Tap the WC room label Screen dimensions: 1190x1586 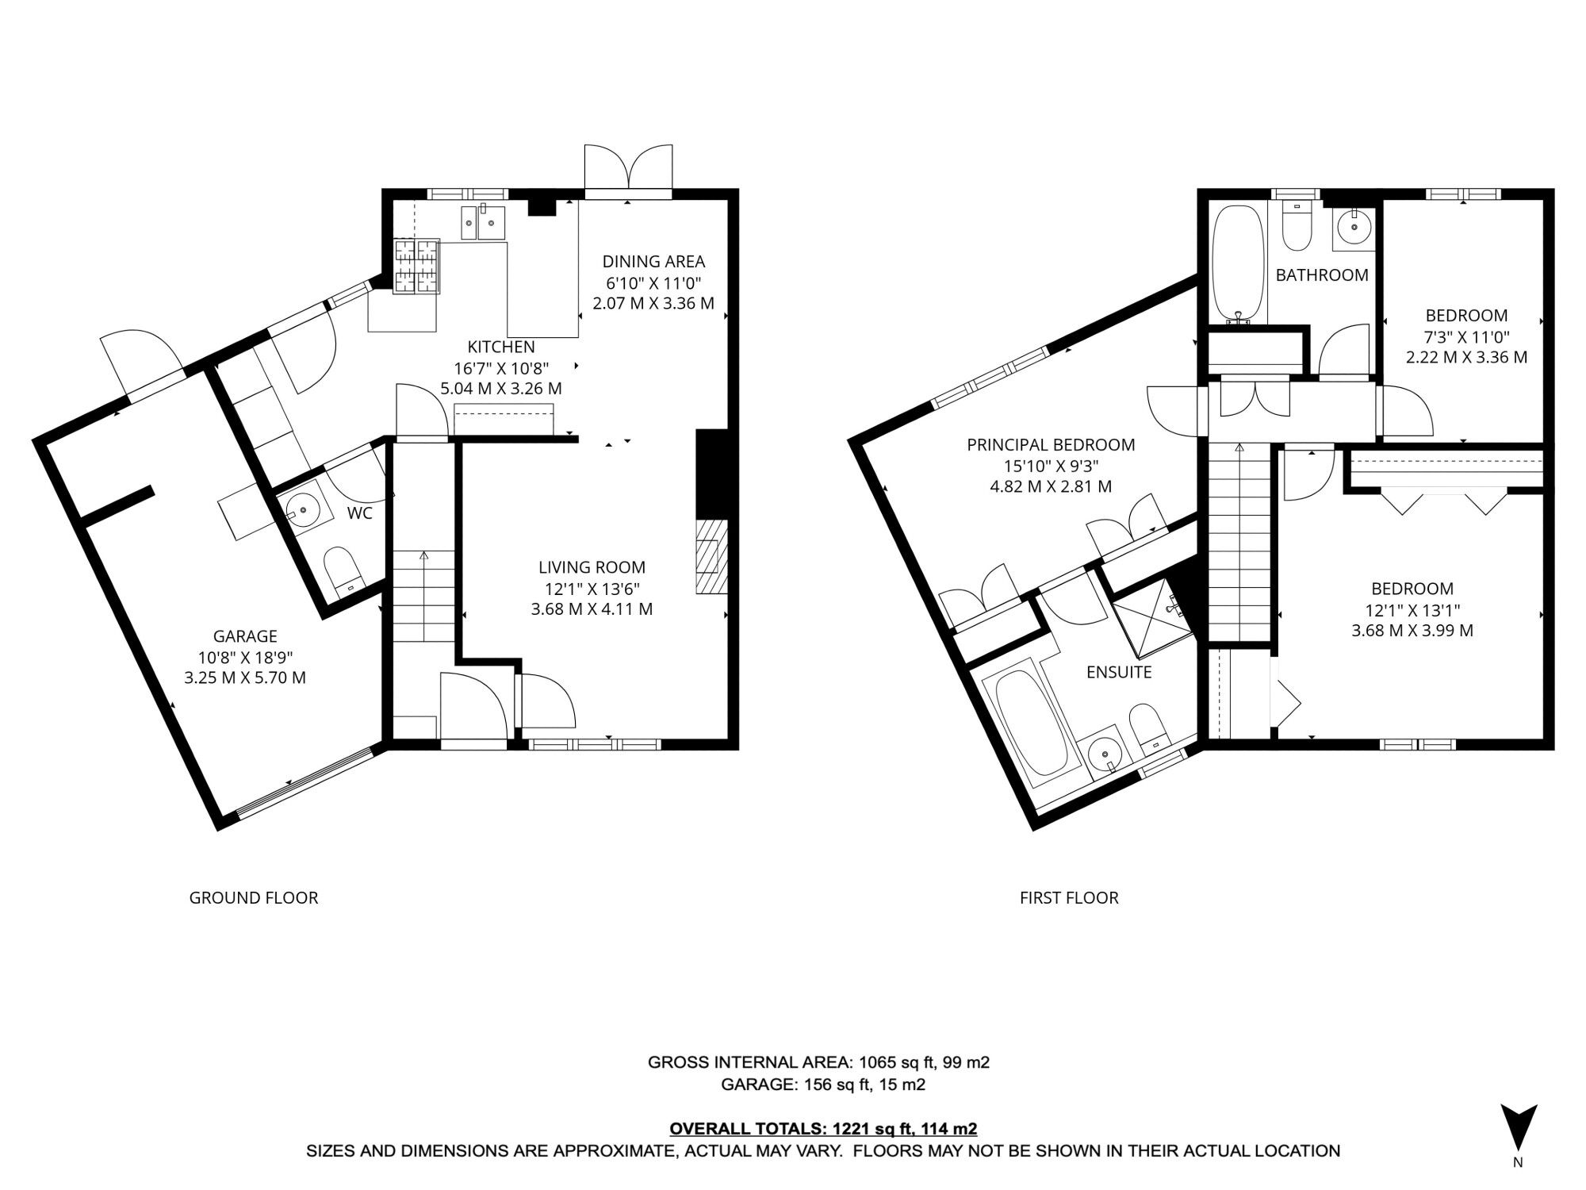point(360,513)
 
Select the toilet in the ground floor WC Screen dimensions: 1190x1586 point(343,568)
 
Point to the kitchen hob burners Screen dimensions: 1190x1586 point(417,266)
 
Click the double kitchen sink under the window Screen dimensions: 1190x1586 point(483,221)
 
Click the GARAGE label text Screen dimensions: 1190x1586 point(245,635)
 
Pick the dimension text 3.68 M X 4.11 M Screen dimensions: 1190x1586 point(592,609)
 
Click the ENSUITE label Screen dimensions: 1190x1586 point(1118,672)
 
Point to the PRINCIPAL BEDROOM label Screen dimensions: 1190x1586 point(1051,445)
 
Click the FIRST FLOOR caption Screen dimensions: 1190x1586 point(1069,897)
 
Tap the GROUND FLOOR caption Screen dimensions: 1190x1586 point(254,897)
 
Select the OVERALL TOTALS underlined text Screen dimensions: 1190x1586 point(823,1128)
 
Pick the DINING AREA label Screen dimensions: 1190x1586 point(653,261)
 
